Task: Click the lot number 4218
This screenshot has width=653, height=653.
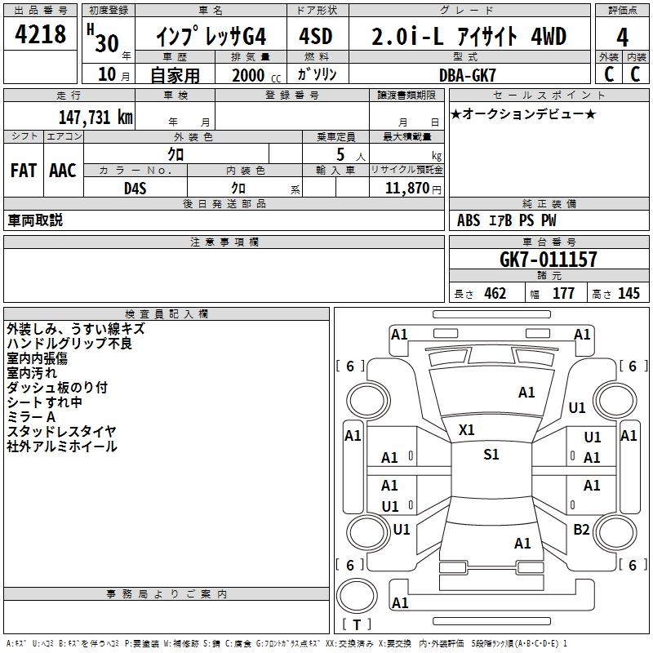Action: (x=40, y=34)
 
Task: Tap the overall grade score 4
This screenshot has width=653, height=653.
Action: (x=622, y=38)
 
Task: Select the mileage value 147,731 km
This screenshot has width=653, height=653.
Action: (x=96, y=117)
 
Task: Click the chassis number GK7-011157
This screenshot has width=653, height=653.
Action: (x=548, y=260)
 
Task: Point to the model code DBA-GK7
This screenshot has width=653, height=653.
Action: (x=468, y=75)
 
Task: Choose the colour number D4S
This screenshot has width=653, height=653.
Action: (x=135, y=189)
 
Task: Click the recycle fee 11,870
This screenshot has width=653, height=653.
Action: (x=406, y=188)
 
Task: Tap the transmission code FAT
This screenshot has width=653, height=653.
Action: (x=24, y=171)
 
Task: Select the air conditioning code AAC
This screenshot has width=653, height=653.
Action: (x=63, y=171)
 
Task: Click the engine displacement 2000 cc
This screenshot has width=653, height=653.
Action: (x=256, y=75)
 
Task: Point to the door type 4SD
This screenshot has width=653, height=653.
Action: (x=316, y=36)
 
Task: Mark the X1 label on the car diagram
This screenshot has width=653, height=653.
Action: (x=466, y=430)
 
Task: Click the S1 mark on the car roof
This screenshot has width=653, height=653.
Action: (x=491, y=454)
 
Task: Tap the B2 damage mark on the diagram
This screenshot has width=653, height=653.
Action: (x=581, y=529)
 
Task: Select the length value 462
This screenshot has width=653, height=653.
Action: (x=495, y=294)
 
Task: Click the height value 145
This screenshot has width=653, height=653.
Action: (x=629, y=294)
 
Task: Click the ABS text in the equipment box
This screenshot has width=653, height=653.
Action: (x=469, y=220)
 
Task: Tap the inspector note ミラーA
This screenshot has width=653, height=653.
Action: (x=31, y=417)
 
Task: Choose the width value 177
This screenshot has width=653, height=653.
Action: (x=563, y=294)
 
